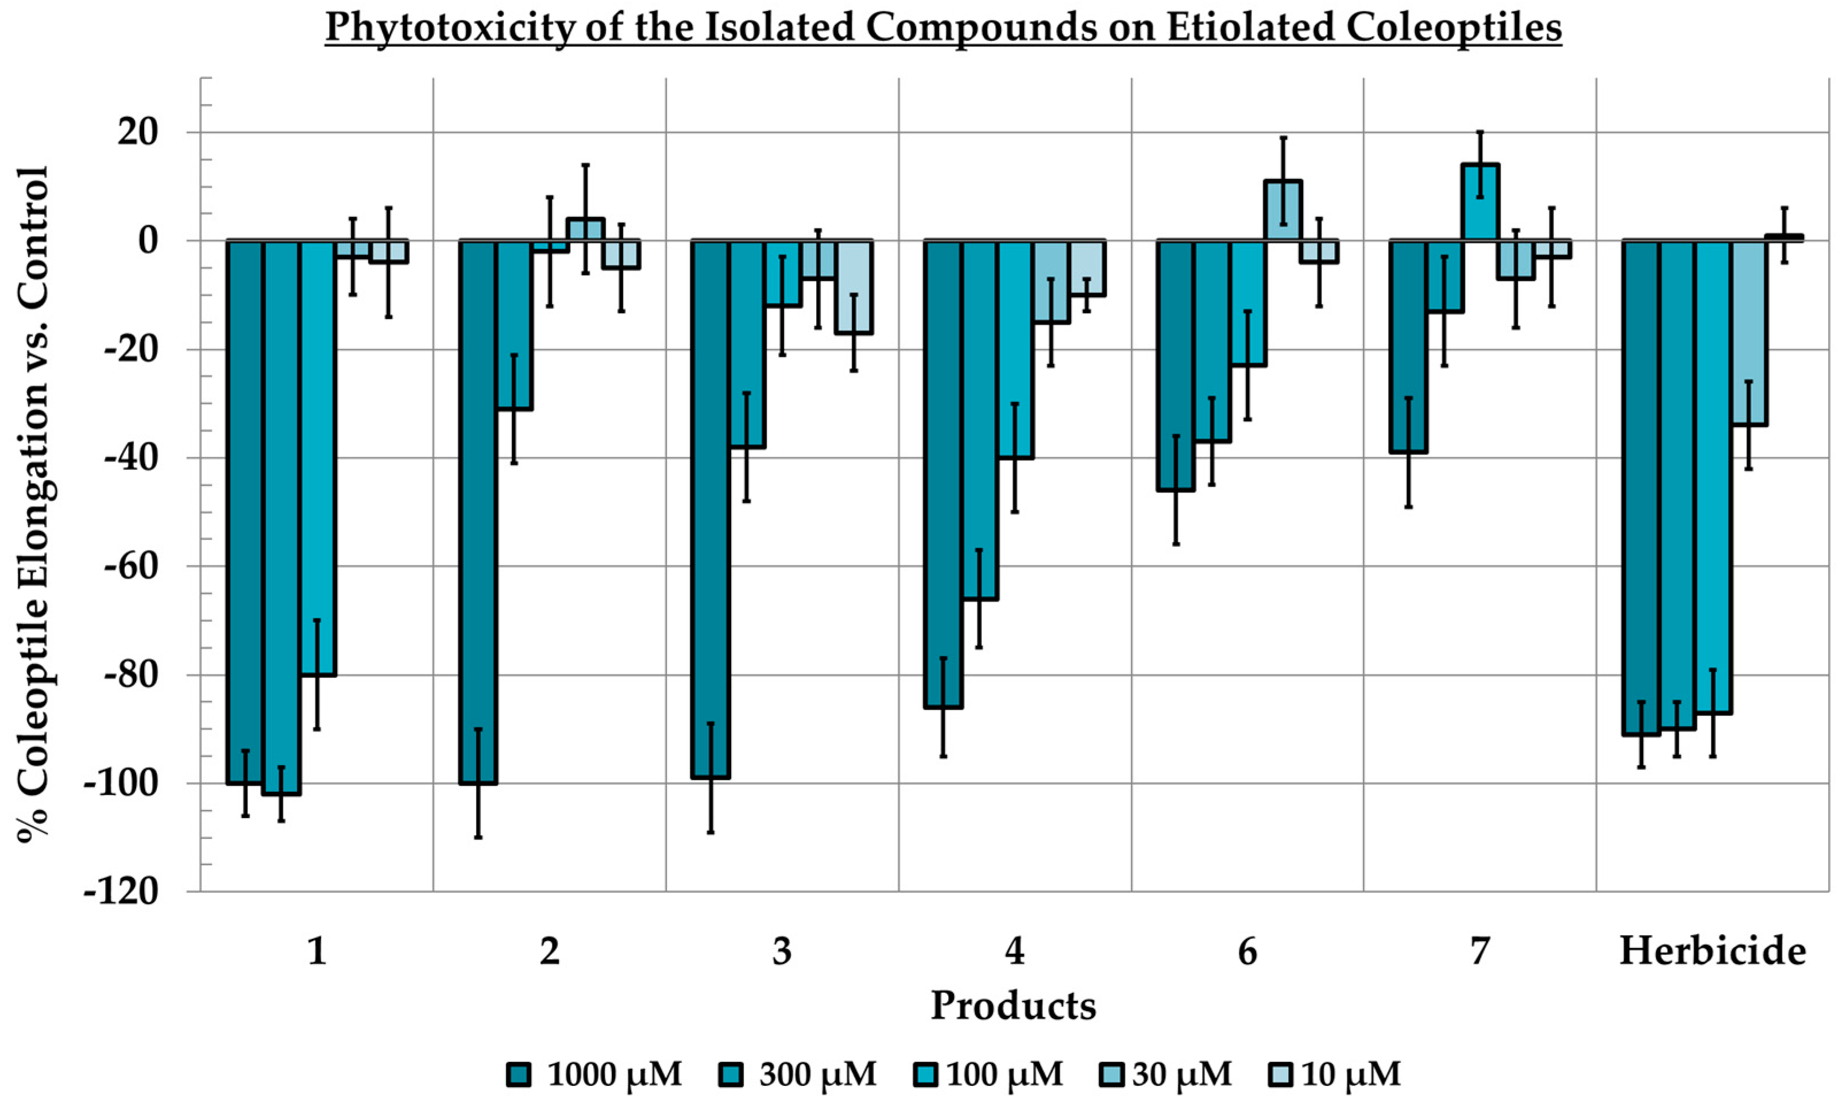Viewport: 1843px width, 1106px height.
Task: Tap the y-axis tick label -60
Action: click(131, 567)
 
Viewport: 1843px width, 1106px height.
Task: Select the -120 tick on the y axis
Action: click(121, 891)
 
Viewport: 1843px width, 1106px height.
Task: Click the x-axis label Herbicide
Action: click(1713, 951)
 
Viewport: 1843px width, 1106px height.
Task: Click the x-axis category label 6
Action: click(1248, 951)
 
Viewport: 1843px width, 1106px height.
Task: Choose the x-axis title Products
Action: click(1013, 1005)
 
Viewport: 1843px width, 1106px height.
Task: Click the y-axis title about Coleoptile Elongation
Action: click(33, 504)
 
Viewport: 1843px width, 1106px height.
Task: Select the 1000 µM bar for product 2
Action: click(477, 511)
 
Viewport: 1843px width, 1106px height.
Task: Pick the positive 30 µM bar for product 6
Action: click(1284, 210)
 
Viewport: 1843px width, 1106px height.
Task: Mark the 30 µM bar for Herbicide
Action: click(1749, 333)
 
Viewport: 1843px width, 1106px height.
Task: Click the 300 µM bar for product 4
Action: click(979, 419)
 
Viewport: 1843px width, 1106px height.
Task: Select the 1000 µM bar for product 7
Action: click(1408, 346)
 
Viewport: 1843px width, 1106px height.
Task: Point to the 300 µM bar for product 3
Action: click(747, 344)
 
